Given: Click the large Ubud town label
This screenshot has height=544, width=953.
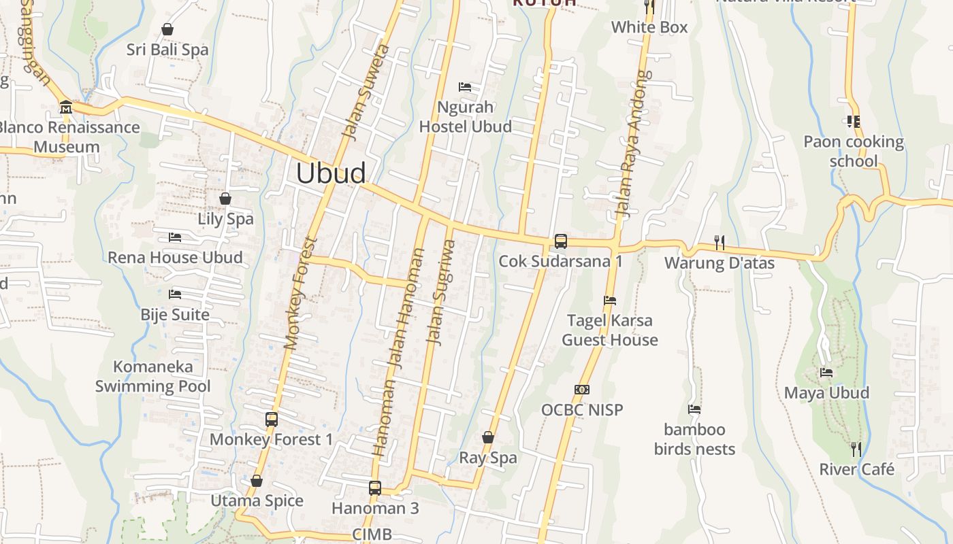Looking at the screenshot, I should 331,173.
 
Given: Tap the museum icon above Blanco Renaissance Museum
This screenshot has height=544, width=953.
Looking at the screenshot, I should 66,107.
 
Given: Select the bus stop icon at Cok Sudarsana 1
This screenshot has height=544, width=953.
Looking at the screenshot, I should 560,241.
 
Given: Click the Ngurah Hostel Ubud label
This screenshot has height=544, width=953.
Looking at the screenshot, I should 466,117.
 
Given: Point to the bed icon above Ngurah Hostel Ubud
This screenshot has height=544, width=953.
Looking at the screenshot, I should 465,87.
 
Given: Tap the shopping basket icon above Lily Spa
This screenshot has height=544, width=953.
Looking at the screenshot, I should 225,199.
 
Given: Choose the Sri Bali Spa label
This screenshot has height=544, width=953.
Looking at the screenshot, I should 167,50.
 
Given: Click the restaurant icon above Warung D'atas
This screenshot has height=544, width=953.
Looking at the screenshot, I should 719,241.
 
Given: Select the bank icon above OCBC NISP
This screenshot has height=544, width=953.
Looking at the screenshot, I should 581,390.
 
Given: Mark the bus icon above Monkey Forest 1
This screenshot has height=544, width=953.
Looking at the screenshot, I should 271,419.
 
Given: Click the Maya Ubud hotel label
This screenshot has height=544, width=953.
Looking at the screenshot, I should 826,392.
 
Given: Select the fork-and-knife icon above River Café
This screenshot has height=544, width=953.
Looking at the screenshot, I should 856,449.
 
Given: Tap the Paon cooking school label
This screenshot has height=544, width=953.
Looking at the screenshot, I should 854,152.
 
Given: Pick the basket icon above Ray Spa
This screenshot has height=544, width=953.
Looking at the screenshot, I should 488,437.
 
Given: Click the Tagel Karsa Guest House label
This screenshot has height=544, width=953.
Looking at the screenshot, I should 610,330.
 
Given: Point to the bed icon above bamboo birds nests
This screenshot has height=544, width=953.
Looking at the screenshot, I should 694,409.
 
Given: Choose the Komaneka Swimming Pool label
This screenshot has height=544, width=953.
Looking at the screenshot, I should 153,377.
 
